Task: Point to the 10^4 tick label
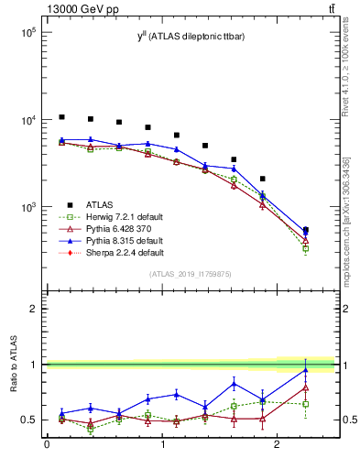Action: [x=28, y=120]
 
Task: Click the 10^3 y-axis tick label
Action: [x=28, y=208]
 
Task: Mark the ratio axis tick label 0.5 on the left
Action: [x=33, y=420]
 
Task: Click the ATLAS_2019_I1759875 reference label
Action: [x=191, y=274]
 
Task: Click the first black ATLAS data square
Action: [x=61, y=117]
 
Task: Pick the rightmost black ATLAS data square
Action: [x=305, y=230]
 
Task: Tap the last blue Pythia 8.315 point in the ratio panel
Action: [x=305, y=370]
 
